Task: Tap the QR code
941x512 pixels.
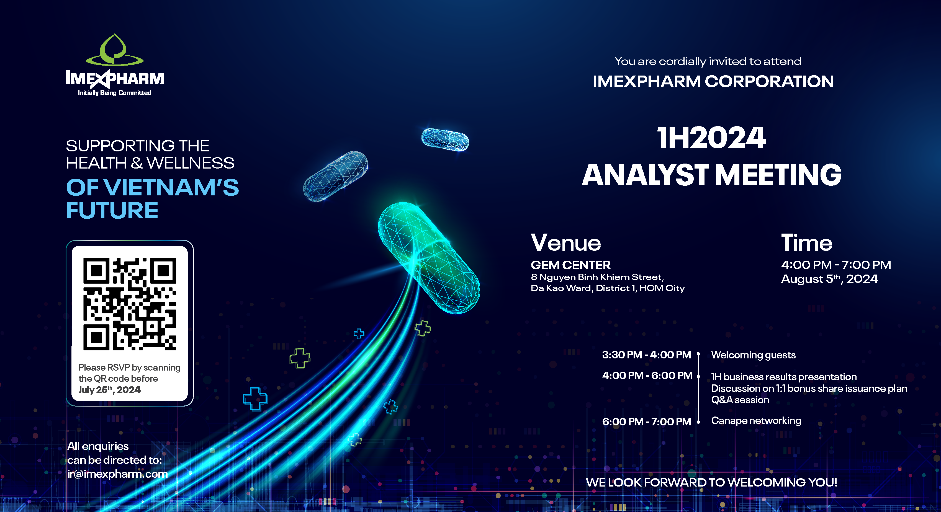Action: [130, 304]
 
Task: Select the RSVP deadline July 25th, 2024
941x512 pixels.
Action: [110, 390]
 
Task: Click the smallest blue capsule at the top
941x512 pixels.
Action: [445, 139]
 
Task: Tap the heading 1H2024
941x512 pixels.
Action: [711, 138]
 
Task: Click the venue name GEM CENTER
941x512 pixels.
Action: [570, 265]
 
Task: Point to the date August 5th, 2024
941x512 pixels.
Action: [829, 279]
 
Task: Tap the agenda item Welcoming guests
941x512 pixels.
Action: [753, 355]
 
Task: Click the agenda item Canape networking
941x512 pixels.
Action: [756, 421]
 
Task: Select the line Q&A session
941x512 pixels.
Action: [740, 400]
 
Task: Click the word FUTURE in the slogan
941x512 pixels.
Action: [112, 210]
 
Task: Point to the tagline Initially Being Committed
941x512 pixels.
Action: [114, 93]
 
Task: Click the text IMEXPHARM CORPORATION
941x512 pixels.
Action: [713, 81]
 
